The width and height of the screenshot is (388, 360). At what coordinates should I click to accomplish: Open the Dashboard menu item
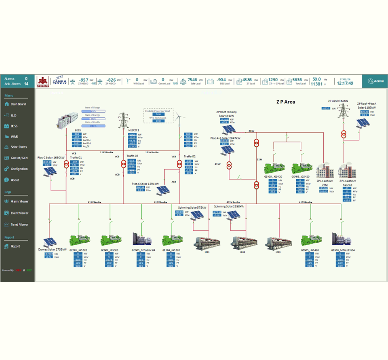tap(18, 104)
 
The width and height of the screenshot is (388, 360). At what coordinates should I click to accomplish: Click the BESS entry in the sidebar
tap(14, 126)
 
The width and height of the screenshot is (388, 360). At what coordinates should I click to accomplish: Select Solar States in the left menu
tap(19, 147)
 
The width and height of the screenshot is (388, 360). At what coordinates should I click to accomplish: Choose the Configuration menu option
tap(19, 169)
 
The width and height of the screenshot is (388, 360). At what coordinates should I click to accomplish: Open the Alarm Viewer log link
tap(19, 201)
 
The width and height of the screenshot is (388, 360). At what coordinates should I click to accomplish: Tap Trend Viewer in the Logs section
tap(19, 224)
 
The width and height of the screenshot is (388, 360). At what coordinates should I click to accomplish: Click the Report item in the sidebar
tap(15, 246)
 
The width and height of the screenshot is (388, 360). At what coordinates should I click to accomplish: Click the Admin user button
tap(376, 81)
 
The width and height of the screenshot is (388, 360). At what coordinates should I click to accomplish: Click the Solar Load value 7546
tap(192, 80)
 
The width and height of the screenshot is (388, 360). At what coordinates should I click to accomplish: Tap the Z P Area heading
tap(285, 102)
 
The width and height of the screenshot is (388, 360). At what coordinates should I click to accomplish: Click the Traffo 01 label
tap(76, 157)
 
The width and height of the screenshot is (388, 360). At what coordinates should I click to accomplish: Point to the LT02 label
tap(243, 252)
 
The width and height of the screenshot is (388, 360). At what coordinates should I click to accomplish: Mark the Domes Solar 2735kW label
tap(53, 250)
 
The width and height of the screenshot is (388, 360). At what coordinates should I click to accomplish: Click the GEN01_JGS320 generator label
tap(78, 250)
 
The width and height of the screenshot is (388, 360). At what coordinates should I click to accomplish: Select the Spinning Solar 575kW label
tap(192, 207)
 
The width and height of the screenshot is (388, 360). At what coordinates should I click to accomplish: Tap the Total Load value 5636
tap(297, 80)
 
